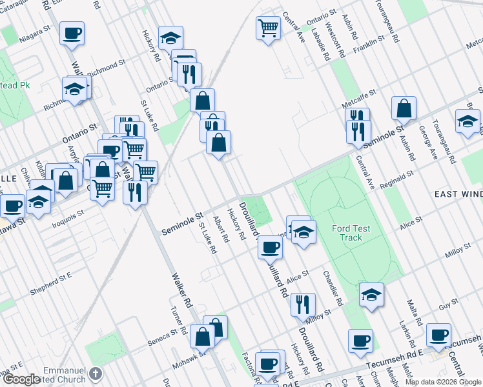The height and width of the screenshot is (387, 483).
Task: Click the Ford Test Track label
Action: click(x=351, y=233)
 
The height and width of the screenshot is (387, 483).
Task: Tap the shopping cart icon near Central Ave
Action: click(x=268, y=28)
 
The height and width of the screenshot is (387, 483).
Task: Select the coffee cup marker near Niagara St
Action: click(x=72, y=33)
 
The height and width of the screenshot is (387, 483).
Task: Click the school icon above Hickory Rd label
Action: click(x=170, y=37)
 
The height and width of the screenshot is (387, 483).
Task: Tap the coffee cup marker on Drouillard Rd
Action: click(x=271, y=246)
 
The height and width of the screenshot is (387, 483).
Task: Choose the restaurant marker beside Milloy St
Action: click(x=303, y=304)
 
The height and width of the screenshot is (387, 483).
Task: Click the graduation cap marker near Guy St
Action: click(x=371, y=295)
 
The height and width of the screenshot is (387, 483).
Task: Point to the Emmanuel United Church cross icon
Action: click(x=95, y=373)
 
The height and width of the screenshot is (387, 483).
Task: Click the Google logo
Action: click(x=21, y=379)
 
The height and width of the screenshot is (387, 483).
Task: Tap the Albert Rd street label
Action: click(x=221, y=228)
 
